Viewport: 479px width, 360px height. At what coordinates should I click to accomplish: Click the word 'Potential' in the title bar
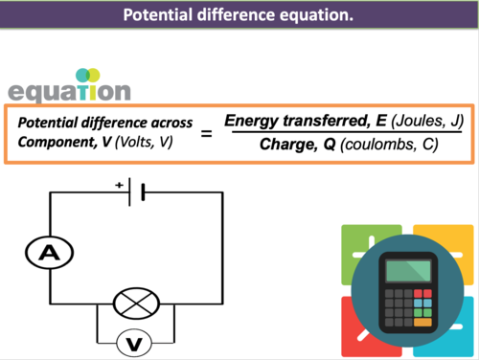point(160,15)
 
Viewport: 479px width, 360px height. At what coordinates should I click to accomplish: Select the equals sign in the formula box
point(205,135)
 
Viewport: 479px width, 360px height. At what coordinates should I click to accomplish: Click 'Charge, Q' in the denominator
point(286,146)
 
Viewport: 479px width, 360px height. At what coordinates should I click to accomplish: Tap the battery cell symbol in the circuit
point(140,192)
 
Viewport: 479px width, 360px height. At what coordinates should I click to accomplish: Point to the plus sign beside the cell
point(119,183)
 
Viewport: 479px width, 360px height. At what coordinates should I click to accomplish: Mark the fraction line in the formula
point(335,134)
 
